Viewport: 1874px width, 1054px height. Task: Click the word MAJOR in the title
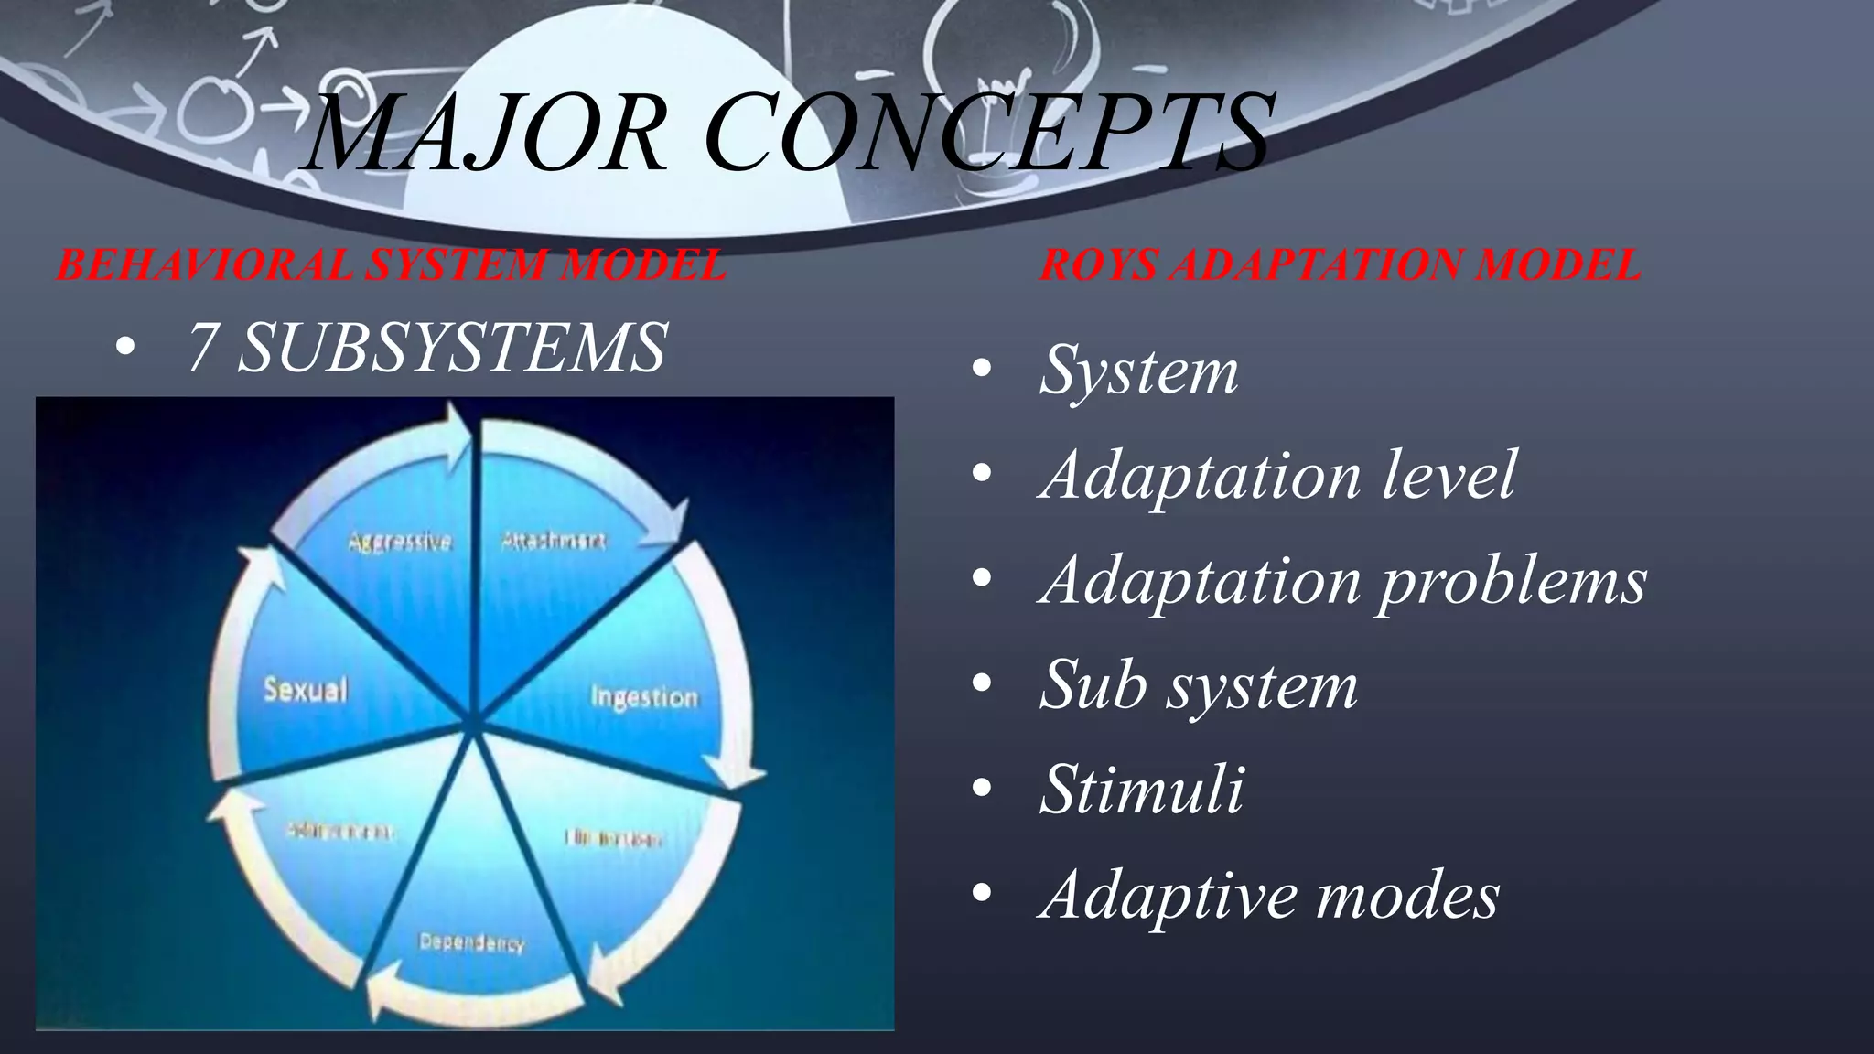pyautogui.click(x=486, y=133)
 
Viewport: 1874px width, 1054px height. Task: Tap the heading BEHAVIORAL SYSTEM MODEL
pyautogui.click(x=391, y=265)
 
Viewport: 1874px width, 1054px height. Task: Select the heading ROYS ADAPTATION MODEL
pyautogui.click(x=1340, y=265)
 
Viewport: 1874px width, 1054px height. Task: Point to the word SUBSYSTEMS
pyautogui.click(x=452, y=348)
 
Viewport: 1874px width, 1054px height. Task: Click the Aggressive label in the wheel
pyautogui.click(x=400, y=541)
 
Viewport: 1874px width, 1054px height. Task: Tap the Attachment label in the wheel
pyautogui.click(x=554, y=541)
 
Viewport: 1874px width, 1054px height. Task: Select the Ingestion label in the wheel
pyautogui.click(x=644, y=697)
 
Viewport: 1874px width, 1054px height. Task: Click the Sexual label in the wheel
pyautogui.click(x=306, y=688)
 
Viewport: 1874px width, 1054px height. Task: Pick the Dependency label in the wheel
pyautogui.click(x=471, y=942)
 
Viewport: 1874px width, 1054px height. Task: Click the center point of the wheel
pyautogui.click(x=473, y=723)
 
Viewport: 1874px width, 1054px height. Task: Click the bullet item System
pyautogui.click(x=1138, y=371)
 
